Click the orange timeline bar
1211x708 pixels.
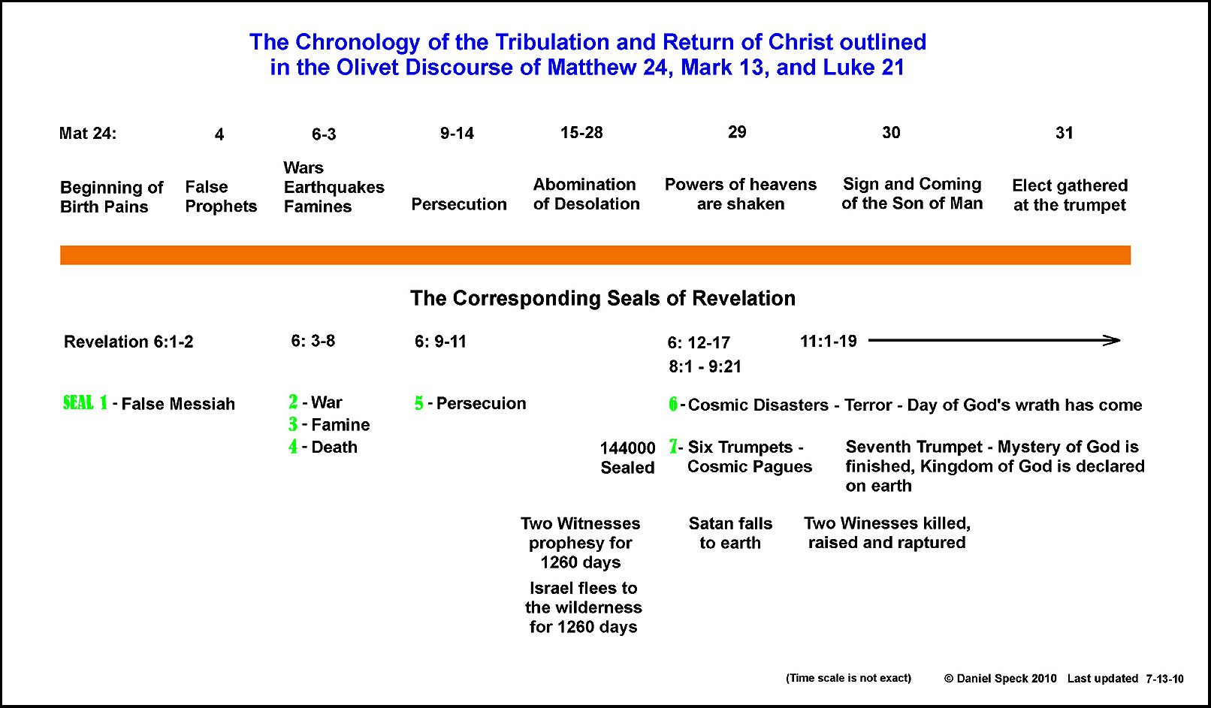(x=595, y=255)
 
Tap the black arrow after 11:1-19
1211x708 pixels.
(x=994, y=341)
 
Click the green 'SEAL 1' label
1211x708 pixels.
(x=85, y=403)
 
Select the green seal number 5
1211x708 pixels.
(x=419, y=403)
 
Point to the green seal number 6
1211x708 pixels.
(x=673, y=404)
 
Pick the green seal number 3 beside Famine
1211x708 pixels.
(x=293, y=424)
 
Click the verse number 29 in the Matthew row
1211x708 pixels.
(x=737, y=132)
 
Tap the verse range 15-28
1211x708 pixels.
(x=581, y=132)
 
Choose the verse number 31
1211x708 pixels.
(x=1064, y=133)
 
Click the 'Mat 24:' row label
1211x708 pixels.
(x=88, y=133)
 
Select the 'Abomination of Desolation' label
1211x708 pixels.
(x=586, y=194)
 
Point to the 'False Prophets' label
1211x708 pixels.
(x=221, y=197)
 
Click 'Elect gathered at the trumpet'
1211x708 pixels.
(x=1070, y=195)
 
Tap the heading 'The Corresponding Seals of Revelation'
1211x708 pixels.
(x=602, y=298)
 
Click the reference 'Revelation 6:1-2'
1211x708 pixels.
(x=128, y=342)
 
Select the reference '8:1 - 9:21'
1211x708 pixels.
(x=705, y=366)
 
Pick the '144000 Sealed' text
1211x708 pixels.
(x=628, y=458)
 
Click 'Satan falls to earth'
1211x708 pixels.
(x=730, y=533)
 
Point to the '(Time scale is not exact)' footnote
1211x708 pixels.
(x=848, y=678)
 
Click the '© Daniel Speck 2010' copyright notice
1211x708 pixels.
(x=1000, y=679)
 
